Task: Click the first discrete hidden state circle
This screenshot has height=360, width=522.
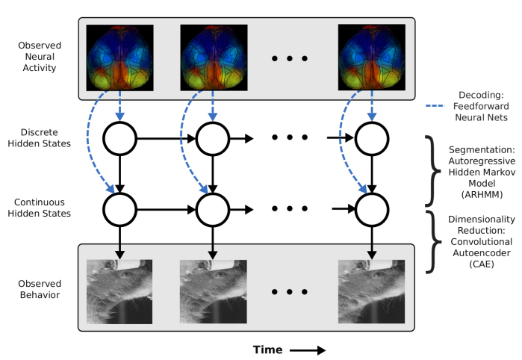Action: pos(119,138)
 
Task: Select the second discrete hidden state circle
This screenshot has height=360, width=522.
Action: pos(213,138)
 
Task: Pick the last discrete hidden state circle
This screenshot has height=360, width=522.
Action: pos(371,138)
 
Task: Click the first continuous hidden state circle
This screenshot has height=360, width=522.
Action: pos(119,210)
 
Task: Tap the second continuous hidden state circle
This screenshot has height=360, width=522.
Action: pos(213,210)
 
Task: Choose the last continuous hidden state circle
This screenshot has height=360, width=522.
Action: pos(371,210)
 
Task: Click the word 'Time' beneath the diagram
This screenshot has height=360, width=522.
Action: pos(268,349)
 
